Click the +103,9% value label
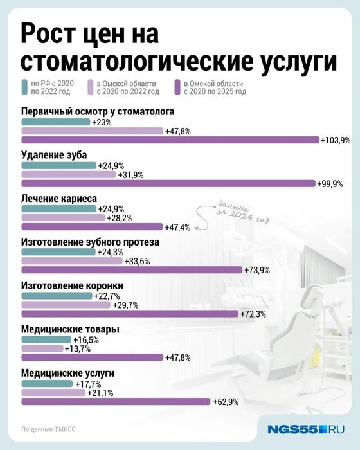point(336,140)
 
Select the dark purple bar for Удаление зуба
point(168,183)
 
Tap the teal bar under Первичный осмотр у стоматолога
point(56,122)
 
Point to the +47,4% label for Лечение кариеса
point(177,226)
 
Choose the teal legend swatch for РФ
point(16,87)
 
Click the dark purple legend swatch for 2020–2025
point(177,87)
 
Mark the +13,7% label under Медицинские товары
point(78,348)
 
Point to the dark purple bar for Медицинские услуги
point(116,401)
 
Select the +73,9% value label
point(257,270)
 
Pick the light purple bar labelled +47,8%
point(93,130)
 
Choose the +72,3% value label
point(253,314)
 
